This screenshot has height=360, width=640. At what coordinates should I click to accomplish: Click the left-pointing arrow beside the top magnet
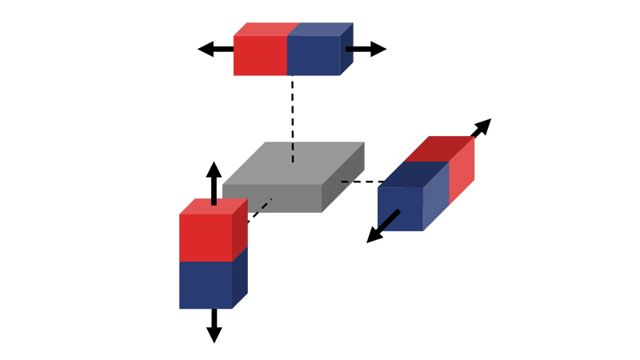(x=213, y=49)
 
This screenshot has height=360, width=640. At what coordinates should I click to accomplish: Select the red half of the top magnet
(x=260, y=55)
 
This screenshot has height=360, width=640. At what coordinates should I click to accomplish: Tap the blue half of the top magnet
(x=313, y=55)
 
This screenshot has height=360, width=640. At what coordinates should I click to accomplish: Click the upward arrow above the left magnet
(x=214, y=181)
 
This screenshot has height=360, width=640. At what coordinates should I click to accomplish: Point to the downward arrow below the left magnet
(x=214, y=326)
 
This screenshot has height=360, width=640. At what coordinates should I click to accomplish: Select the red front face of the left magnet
(x=206, y=238)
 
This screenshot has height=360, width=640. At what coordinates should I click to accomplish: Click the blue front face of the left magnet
(x=206, y=285)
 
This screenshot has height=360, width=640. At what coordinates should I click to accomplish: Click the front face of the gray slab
(x=272, y=199)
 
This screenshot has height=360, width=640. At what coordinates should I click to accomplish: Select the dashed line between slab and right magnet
(x=360, y=182)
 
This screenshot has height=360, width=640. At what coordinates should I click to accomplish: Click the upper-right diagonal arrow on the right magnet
(x=482, y=127)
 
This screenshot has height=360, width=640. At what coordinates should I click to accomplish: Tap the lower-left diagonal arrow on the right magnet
(x=381, y=229)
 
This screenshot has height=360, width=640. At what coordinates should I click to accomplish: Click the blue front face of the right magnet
(x=400, y=209)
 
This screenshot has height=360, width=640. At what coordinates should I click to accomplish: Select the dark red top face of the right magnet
(x=438, y=148)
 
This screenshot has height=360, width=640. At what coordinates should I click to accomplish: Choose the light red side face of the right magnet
(x=462, y=171)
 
